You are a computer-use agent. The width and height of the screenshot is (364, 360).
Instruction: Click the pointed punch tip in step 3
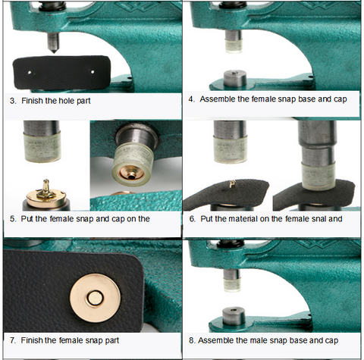point(53,51)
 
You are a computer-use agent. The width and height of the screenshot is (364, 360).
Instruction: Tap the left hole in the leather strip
point(30,73)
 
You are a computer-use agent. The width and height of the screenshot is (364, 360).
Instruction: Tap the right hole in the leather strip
point(93,72)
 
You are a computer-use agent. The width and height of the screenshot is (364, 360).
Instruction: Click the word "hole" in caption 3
point(67,101)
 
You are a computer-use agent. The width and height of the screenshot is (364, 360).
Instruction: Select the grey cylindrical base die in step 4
point(235,78)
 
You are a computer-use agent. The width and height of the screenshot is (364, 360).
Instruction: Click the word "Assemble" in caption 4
point(218,99)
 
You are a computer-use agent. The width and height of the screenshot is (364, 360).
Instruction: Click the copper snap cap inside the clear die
point(130,173)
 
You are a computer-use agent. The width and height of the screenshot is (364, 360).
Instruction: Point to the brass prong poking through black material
point(232,184)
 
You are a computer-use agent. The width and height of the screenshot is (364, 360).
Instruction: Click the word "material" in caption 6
point(243,218)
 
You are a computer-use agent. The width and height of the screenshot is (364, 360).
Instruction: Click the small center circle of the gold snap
point(95,298)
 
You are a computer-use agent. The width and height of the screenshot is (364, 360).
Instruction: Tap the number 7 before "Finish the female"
point(12,340)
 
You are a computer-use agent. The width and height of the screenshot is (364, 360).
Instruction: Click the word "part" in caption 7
point(112,340)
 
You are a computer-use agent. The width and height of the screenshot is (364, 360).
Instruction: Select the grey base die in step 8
point(234,316)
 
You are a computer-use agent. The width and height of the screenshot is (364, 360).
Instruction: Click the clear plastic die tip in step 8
point(232,284)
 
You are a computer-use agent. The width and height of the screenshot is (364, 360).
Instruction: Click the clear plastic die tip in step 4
point(234,45)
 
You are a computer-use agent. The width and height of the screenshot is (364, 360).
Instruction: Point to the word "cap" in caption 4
point(340,99)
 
